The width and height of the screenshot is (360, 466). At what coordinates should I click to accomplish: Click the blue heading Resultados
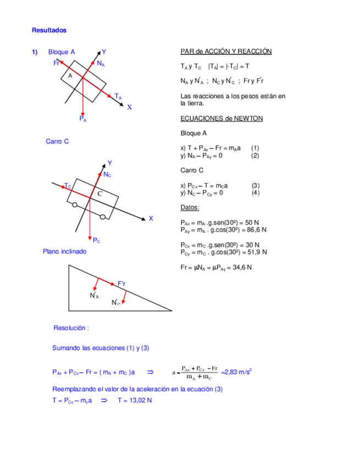49,30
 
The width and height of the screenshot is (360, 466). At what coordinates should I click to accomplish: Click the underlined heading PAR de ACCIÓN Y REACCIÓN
226,52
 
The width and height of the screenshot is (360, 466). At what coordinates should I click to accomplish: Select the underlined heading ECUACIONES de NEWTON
221,119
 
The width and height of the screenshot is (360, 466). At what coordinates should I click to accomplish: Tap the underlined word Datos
190,208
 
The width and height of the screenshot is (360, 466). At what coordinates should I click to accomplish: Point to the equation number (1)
255,148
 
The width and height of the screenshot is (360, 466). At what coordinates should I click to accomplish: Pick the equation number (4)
255,193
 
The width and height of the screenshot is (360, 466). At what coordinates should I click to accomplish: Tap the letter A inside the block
70,76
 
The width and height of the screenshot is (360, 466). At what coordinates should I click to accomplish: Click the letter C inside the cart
99,194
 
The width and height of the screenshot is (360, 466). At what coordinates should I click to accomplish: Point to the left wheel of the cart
74,206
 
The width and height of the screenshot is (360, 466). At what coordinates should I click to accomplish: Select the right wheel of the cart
103,217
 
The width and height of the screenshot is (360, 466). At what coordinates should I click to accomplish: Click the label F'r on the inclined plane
121,284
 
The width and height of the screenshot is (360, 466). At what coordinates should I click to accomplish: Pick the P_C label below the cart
96,240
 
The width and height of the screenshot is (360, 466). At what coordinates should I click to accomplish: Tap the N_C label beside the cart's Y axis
107,174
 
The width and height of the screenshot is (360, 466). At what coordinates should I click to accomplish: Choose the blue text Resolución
71,328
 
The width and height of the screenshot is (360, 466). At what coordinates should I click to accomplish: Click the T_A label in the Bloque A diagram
118,97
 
